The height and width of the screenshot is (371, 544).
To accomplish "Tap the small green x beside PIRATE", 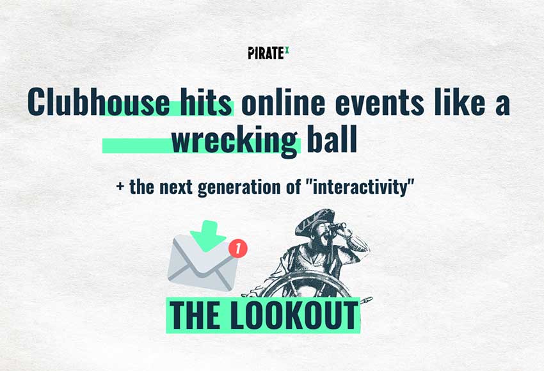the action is click(x=287, y=50).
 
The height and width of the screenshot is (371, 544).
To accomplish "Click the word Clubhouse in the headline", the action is click(x=99, y=102).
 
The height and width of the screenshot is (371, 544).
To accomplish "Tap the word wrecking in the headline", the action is click(x=234, y=141).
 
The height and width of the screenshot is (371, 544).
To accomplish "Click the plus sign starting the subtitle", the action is click(x=120, y=187).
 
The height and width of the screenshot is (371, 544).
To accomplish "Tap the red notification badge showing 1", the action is click(x=237, y=249).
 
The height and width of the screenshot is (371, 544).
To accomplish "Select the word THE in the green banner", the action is click(x=195, y=315).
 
